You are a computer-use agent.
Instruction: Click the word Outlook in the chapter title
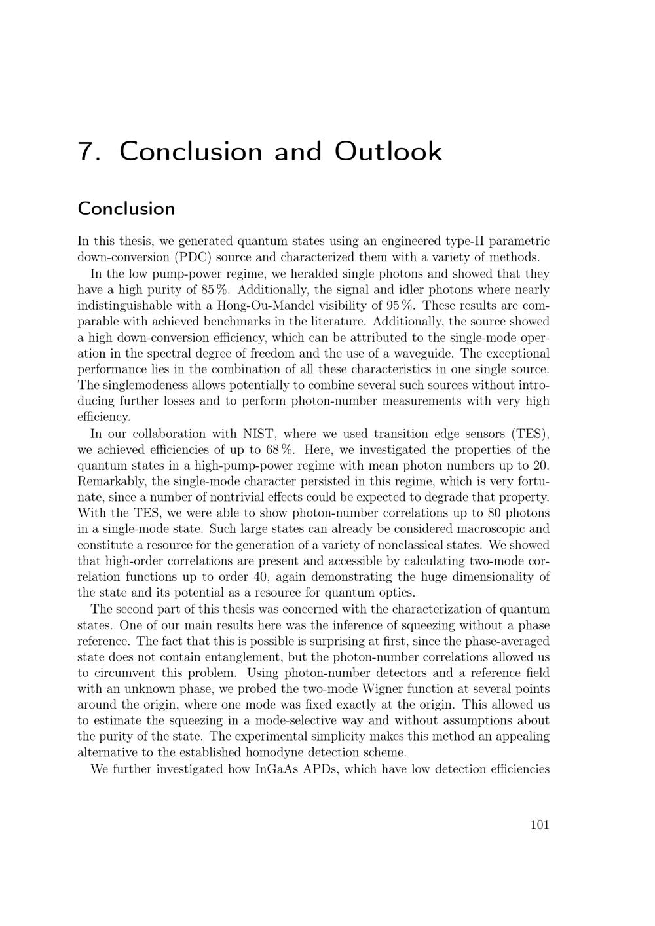pyautogui.click(x=388, y=151)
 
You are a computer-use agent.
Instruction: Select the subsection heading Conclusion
pyautogui.click(x=126, y=209)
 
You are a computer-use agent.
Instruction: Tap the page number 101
pyautogui.click(x=539, y=825)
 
